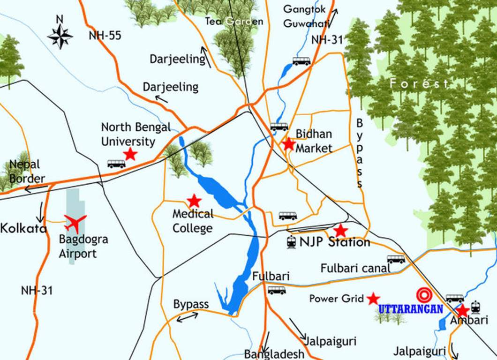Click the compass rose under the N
60,37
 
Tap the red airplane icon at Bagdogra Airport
75,223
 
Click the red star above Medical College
194,201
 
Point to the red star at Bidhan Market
288,143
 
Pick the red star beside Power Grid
373,298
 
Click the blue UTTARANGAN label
410,309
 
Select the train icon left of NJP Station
291,242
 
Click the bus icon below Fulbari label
277,290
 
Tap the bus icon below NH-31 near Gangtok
301,61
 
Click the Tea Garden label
234,21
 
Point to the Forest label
419,84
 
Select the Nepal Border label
26,172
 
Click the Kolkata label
23,229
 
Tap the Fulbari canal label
355,269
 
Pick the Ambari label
466,321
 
